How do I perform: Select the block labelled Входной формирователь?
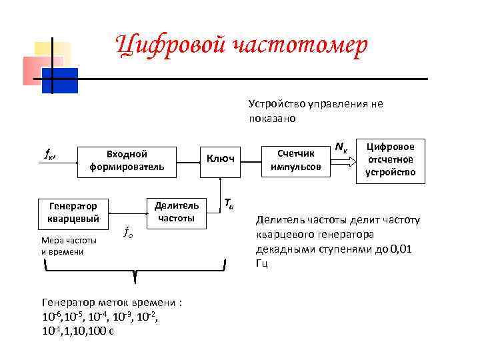pos(127,159)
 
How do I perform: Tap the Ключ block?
pos(219,159)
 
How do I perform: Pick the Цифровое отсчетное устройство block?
pos(391,159)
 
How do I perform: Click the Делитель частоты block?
pos(176,211)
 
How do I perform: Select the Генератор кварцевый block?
pos(73,212)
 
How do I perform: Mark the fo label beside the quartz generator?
pos(129,232)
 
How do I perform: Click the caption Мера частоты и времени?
pos(68,245)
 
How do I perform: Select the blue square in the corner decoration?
pos(60,80)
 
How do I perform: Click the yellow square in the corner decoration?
pos(52,55)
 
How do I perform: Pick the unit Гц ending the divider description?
pos(261,263)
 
